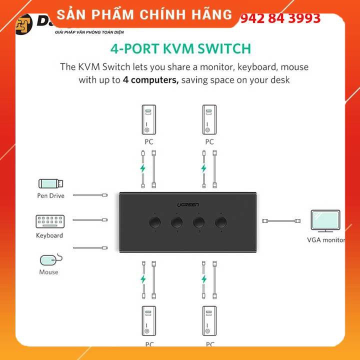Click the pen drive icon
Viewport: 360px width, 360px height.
coord(50,184)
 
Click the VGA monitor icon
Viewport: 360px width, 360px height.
coord(325,220)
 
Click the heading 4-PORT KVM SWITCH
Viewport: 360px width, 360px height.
coord(179,48)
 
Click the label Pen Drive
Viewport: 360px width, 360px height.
coord(50,195)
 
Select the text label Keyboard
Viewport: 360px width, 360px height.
coord(49,235)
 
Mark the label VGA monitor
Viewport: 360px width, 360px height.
coord(326,240)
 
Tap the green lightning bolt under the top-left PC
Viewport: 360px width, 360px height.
coord(143,168)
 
